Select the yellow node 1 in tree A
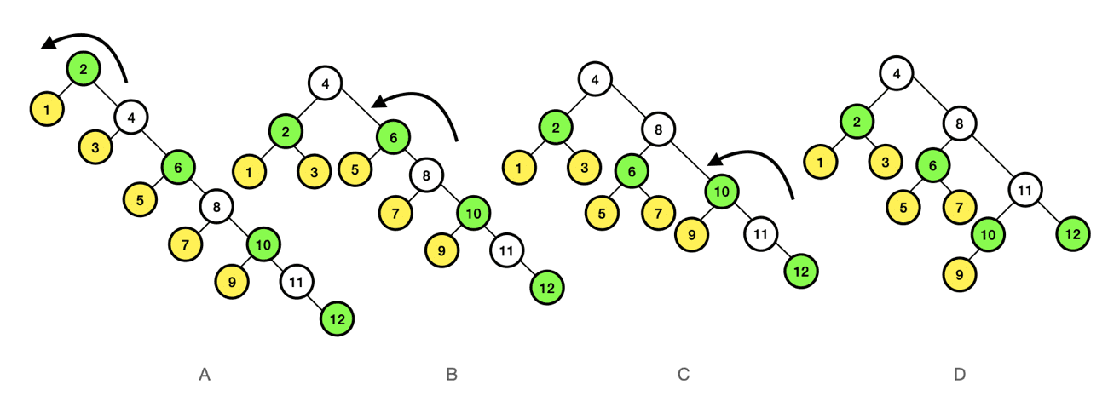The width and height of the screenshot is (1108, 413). click(x=46, y=109)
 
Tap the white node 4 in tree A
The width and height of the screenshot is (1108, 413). click(x=131, y=117)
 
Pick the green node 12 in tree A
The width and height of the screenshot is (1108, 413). click(x=337, y=318)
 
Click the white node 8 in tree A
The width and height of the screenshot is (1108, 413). click(x=216, y=206)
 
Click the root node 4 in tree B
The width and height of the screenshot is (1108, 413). click(x=326, y=83)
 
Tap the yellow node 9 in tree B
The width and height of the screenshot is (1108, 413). click(x=442, y=251)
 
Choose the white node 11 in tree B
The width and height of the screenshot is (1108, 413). click(x=505, y=250)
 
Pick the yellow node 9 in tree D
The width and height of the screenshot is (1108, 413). click(x=960, y=273)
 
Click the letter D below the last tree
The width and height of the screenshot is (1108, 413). click(x=960, y=374)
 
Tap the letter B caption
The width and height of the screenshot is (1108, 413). click(x=452, y=374)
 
